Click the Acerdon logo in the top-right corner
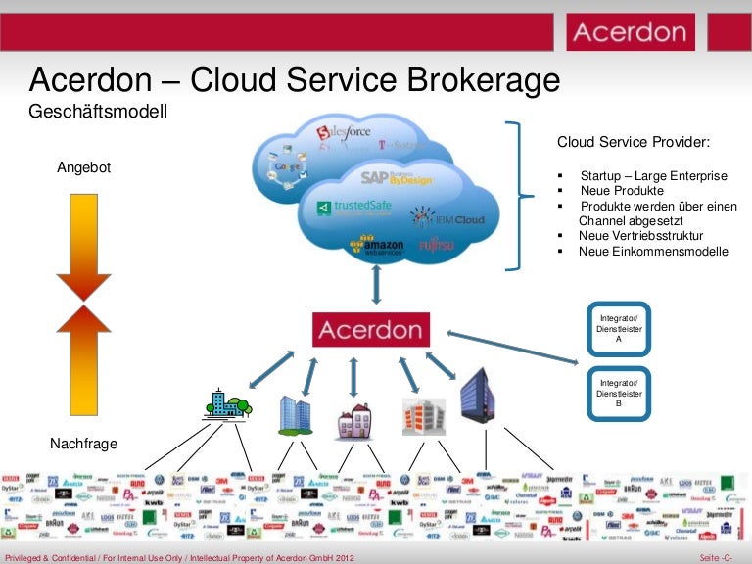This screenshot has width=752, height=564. pyautogui.click(x=630, y=32)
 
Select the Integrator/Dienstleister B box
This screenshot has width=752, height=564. pyautogui.click(x=618, y=393)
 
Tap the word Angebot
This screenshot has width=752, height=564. pyautogui.click(x=84, y=167)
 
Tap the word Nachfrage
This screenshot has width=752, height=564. pyautogui.click(x=84, y=445)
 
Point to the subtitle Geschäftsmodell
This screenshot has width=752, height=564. pyautogui.click(x=99, y=112)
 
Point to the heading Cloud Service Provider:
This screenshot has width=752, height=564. pyautogui.click(x=633, y=142)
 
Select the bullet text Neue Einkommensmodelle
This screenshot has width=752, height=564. pyautogui.click(x=653, y=252)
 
